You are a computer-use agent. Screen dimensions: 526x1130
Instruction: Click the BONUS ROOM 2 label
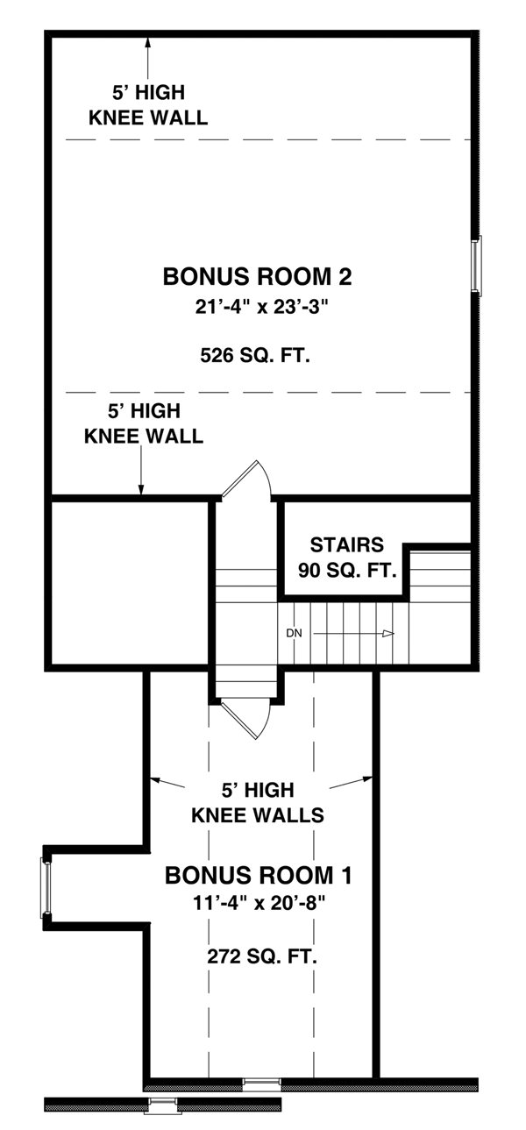(257, 277)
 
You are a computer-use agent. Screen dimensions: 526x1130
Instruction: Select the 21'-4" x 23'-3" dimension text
(258, 306)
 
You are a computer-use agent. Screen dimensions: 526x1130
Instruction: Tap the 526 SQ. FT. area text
(255, 356)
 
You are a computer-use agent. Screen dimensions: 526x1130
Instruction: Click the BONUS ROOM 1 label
(259, 875)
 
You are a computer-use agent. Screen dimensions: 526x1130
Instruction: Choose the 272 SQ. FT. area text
(262, 956)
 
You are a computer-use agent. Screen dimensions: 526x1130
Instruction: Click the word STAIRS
(346, 544)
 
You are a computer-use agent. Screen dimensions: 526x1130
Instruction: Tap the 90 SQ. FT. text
(347, 571)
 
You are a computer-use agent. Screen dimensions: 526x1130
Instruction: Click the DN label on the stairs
(294, 633)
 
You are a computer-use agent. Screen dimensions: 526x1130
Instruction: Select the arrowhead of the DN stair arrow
(387, 634)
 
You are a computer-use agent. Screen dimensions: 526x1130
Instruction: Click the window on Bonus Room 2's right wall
(476, 266)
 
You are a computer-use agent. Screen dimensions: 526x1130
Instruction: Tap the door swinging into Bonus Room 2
(246, 479)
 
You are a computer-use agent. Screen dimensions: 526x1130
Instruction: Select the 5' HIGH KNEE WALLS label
(258, 803)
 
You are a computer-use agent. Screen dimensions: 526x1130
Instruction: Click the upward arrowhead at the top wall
(148, 42)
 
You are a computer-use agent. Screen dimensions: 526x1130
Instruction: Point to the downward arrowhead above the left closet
(141, 489)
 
